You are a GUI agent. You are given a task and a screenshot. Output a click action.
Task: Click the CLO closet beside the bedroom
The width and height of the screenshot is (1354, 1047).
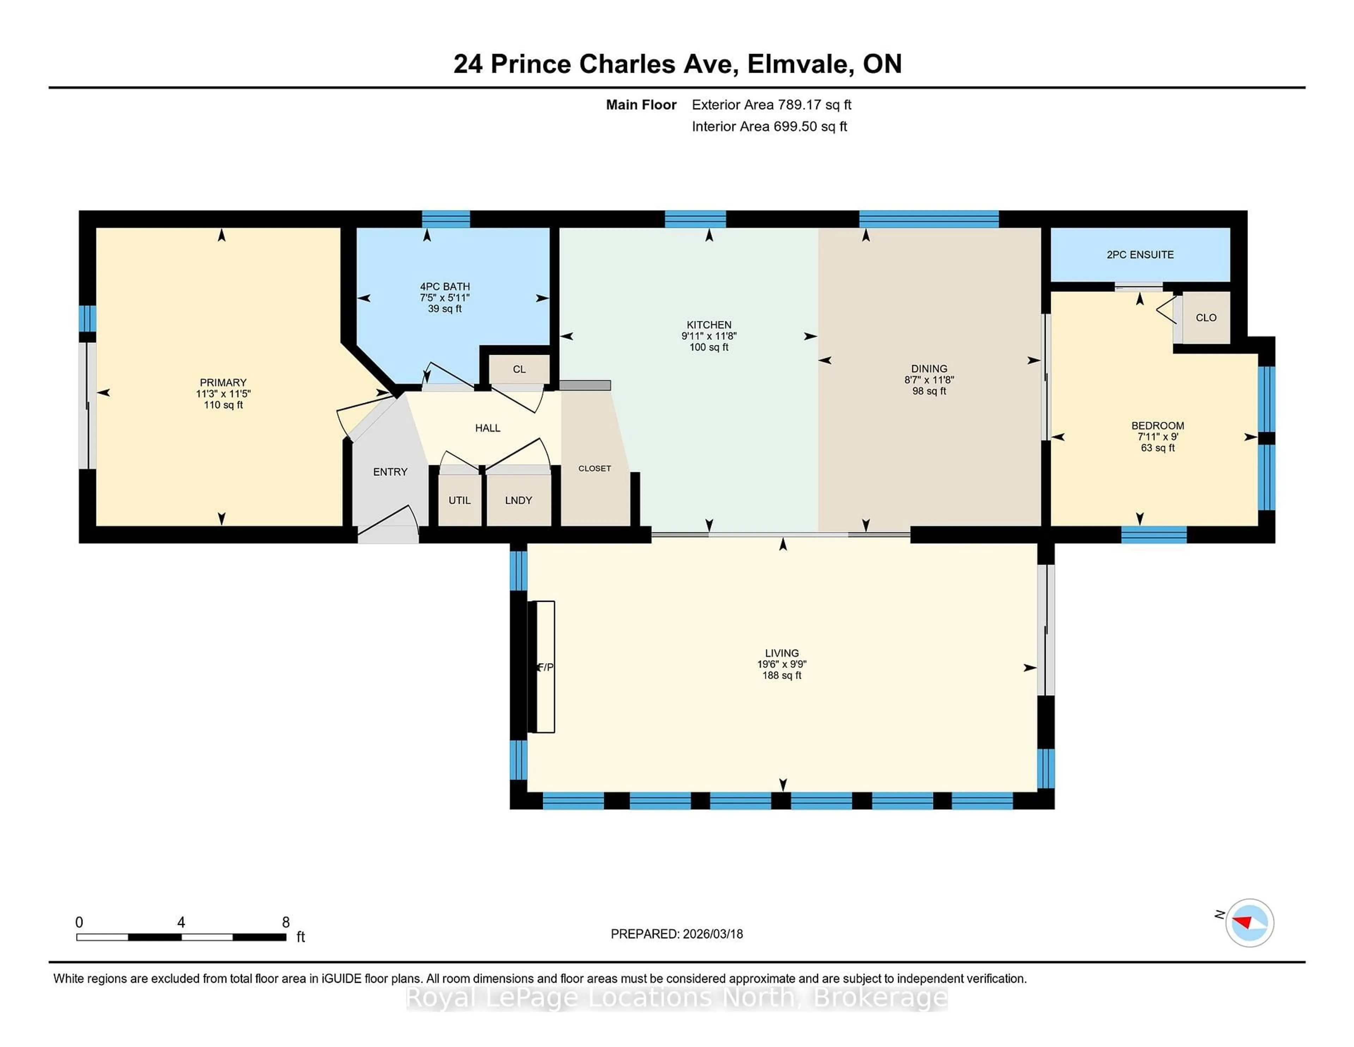pyautogui.click(x=1205, y=317)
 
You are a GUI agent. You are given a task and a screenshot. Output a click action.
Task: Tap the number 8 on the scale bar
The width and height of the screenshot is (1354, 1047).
pyautogui.click(x=286, y=922)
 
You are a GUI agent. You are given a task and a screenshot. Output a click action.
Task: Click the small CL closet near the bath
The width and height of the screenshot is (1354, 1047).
pyautogui.click(x=519, y=369)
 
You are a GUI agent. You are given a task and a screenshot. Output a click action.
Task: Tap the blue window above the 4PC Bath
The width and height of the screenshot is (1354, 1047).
pyautogui.click(x=446, y=219)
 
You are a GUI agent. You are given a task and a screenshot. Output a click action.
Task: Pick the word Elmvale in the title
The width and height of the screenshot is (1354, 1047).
pyautogui.click(x=797, y=64)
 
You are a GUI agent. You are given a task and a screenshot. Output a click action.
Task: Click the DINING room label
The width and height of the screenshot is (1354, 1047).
pyautogui.click(x=929, y=368)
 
